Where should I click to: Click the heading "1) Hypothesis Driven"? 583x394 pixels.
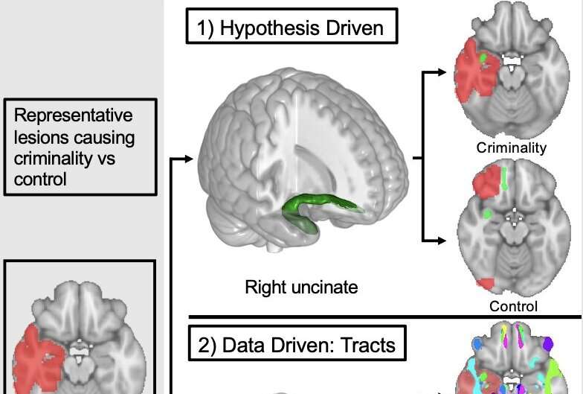291,29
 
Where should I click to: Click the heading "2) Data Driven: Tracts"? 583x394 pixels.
297,346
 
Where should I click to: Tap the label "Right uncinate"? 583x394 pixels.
301,286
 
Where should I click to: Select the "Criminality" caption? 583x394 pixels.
512,147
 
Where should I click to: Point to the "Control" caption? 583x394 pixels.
513,305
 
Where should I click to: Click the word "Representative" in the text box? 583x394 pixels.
74,116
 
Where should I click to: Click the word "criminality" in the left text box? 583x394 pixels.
49,159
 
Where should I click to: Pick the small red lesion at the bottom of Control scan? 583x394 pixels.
485,284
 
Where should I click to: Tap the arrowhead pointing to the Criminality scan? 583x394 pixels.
442,72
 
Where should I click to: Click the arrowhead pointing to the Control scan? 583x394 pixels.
442,240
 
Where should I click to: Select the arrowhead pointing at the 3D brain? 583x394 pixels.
191,159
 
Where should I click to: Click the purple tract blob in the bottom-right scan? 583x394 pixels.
549,344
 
